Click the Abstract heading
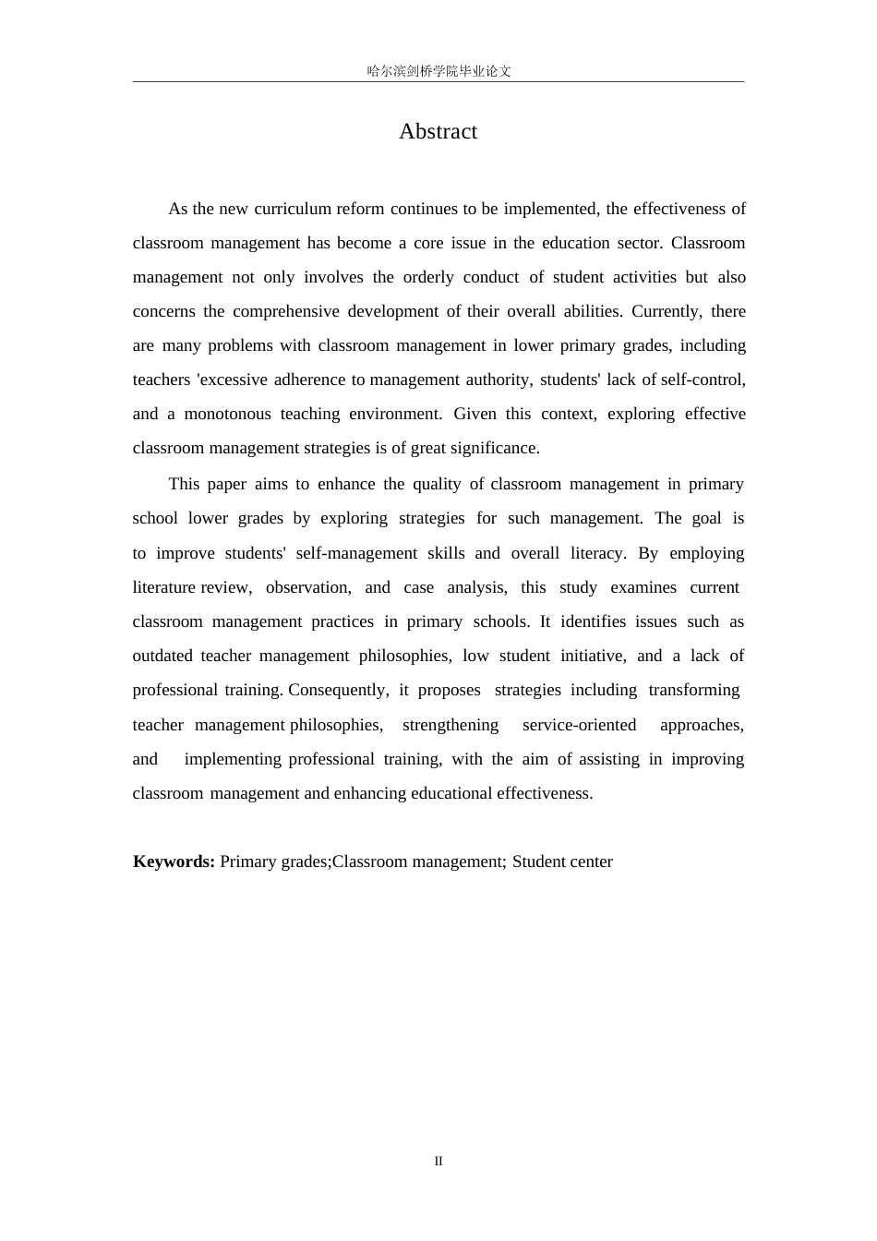(x=438, y=131)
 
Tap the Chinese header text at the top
(x=438, y=71)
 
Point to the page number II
(x=438, y=1161)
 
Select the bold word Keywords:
(x=174, y=861)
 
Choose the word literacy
(x=597, y=553)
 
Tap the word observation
(x=308, y=587)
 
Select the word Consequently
(x=338, y=690)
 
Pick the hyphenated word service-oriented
(x=579, y=725)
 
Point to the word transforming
(x=693, y=690)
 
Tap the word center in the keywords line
(x=590, y=861)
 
